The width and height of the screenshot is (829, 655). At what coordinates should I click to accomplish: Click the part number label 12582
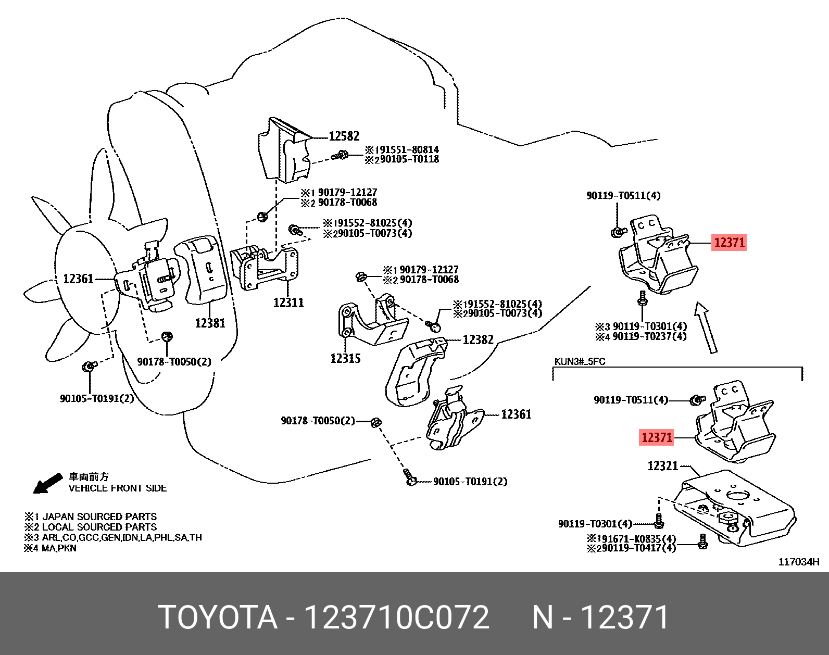[344, 136]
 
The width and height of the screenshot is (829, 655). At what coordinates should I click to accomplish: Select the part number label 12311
[288, 303]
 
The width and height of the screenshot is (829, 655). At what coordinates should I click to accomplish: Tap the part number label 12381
[210, 323]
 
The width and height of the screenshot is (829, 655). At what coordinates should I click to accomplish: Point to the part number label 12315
[345, 358]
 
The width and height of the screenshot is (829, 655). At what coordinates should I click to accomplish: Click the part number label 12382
[478, 339]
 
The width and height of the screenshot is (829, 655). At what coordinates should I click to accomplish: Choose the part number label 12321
[662, 465]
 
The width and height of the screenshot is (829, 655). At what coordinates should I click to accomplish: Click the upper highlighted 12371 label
[729, 242]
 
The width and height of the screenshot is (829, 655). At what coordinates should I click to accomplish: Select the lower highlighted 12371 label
[657, 437]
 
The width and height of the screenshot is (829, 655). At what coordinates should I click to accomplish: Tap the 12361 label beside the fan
[78, 279]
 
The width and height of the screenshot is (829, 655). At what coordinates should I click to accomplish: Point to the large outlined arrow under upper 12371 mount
[706, 327]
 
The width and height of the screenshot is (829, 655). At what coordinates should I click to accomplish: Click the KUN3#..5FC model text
[580, 361]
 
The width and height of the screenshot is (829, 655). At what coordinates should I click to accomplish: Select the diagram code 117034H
[799, 562]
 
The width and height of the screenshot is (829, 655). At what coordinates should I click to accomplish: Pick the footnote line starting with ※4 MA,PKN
[50, 548]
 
